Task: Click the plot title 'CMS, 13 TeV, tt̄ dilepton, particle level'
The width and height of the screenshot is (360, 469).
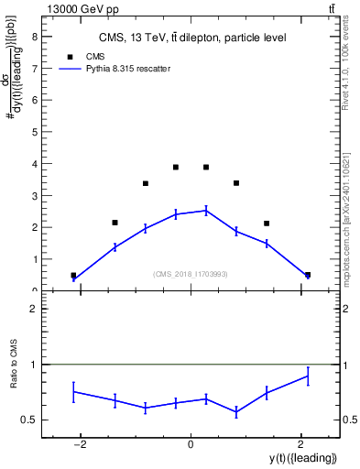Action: [x=191, y=38]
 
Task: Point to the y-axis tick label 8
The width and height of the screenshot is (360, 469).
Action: [x=35, y=37]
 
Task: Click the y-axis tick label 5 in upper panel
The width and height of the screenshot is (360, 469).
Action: [x=35, y=132]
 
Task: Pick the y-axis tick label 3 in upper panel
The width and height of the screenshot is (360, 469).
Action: [x=35, y=195]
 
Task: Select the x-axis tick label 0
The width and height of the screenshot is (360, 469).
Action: [x=191, y=444]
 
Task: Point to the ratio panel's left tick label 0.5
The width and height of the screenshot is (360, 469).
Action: [x=31, y=420]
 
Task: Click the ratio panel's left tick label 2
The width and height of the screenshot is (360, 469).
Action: [x=35, y=310]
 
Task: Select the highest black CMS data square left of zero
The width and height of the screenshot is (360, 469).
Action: [x=176, y=167]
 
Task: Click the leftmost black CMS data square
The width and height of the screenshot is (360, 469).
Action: [x=73, y=275]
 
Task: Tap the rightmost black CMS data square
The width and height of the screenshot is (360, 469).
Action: [x=308, y=275]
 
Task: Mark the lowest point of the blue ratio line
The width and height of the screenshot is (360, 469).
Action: [x=236, y=413]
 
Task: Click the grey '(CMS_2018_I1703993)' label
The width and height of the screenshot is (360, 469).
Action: [x=191, y=274]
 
